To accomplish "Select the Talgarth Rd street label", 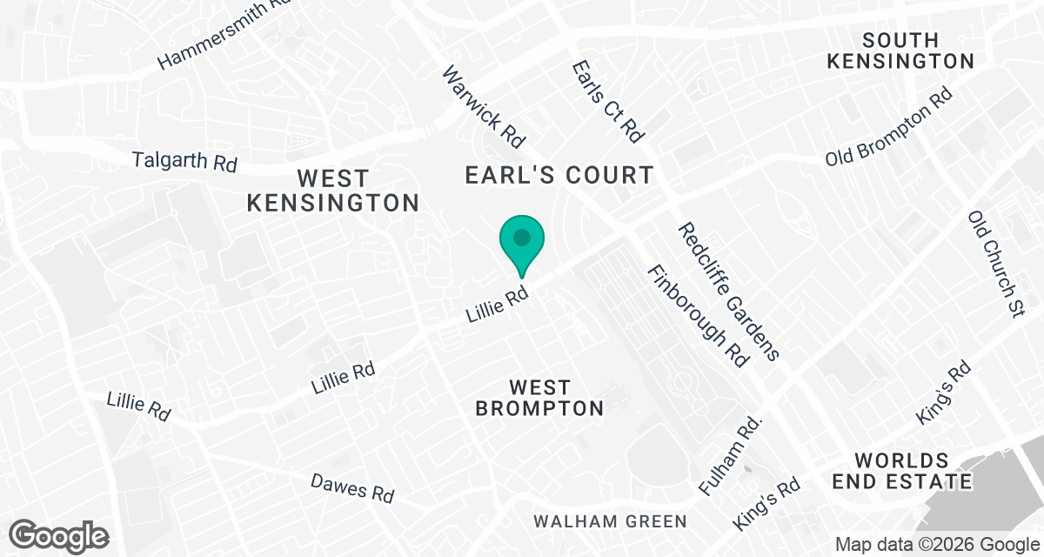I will click(184, 161).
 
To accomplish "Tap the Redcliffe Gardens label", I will click(728, 291).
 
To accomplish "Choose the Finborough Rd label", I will click(697, 315).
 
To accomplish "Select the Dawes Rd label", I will click(352, 487).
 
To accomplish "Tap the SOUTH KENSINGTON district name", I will click(900, 50).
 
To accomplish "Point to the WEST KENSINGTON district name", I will click(333, 191).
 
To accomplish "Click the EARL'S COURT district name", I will click(559, 175).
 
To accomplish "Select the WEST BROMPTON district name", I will click(539, 398).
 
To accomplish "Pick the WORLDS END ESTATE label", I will click(900, 471).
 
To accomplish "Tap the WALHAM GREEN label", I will click(610, 521).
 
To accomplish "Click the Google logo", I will click(59, 534).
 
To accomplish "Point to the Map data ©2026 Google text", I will click(935, 545).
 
